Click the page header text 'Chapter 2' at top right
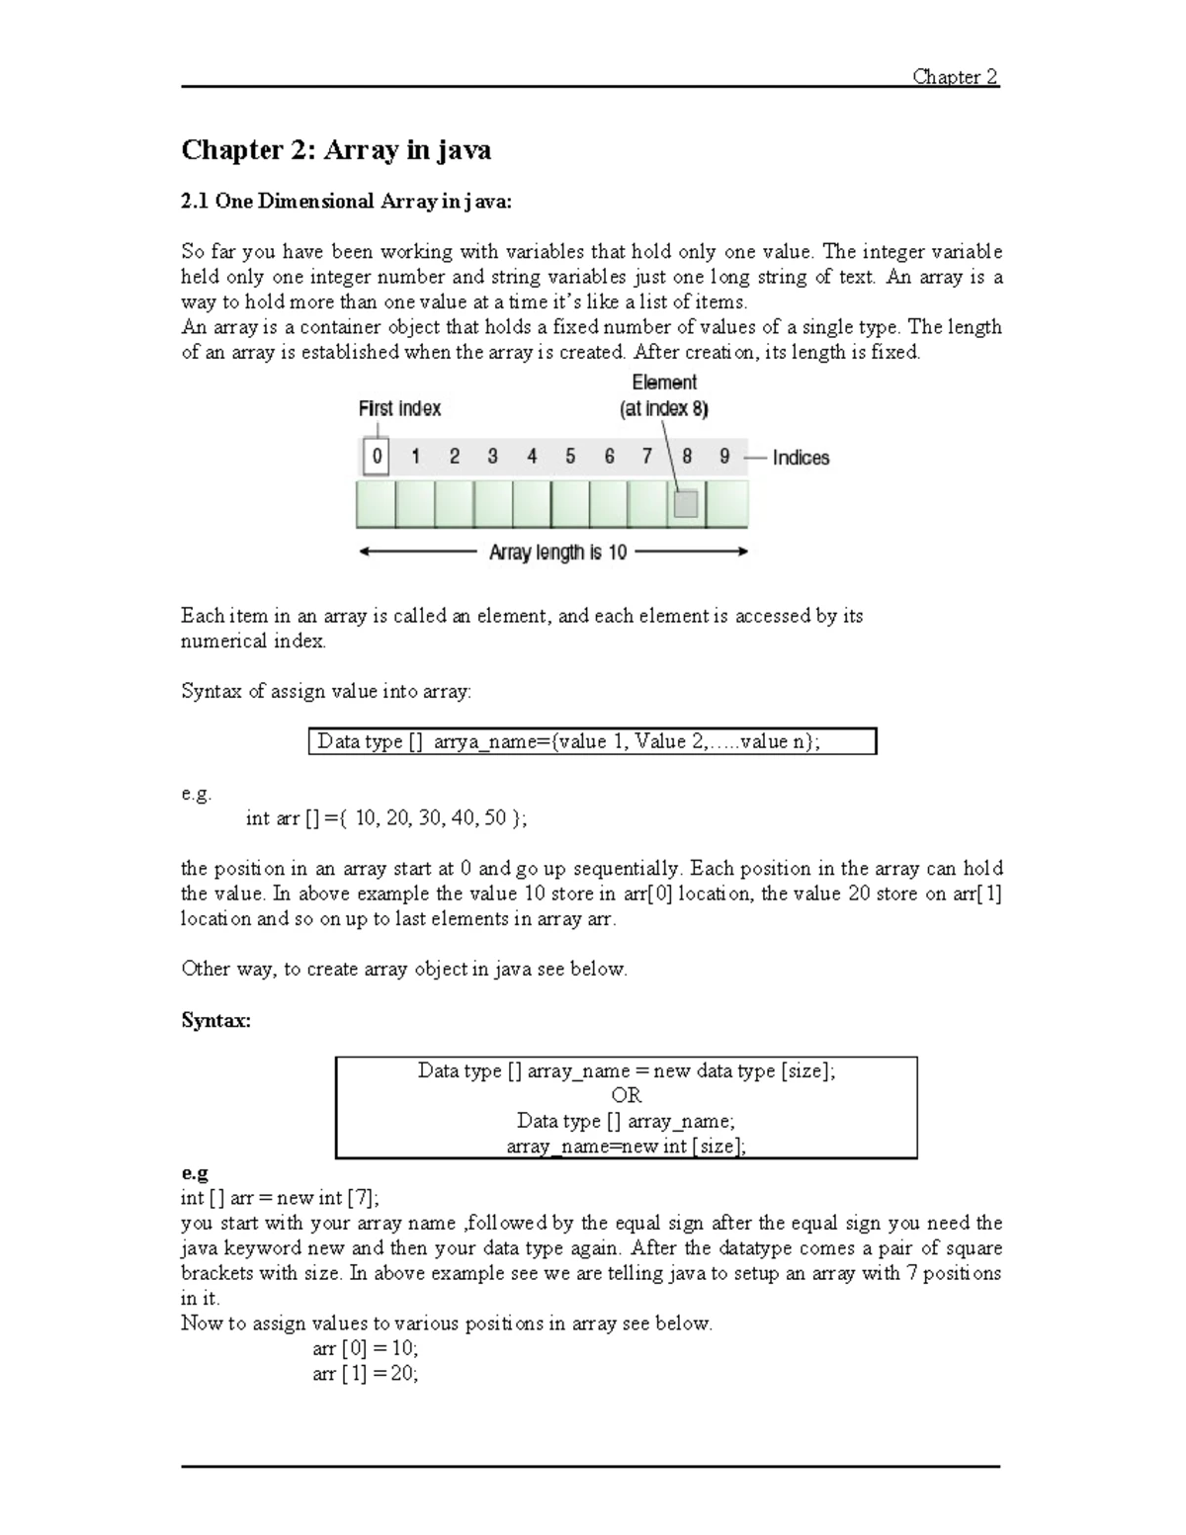pyautogui.click(x=955, y=77)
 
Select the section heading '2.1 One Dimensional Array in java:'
pyautogui.click(x=346, y=202)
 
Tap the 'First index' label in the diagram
pyautogui.click(x=399, y=408)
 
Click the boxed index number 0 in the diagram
pyautogui.click(x=376, y=457)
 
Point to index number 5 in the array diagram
pyautogui.click(x=570, y=457)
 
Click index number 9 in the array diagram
pyautogui.click(x=724, y=457)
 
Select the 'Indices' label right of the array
pyautogui.click(x=801, y=458)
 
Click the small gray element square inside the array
pyautogui.click(x=686, y=504)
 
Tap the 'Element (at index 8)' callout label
pyautogui.click(x=664, y=395)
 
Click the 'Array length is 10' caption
pyautogui.click(x=558, y=553)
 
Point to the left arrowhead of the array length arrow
pyautogui.click(x=364, y=553)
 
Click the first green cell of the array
pyautogui.click(x=376, y=504)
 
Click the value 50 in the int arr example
pyautogui.click(x=495, y=817)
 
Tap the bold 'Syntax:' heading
pyautogui.click(x=215, y=1020)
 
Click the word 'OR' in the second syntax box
pyautogui.click(x=626, y=1095)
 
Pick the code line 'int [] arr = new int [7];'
pyautogui.click(x=279, y=1198)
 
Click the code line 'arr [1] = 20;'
pyautogui.click(x=366, y=1374)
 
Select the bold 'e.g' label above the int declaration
pyautogui.click(x=195, y=1172)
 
